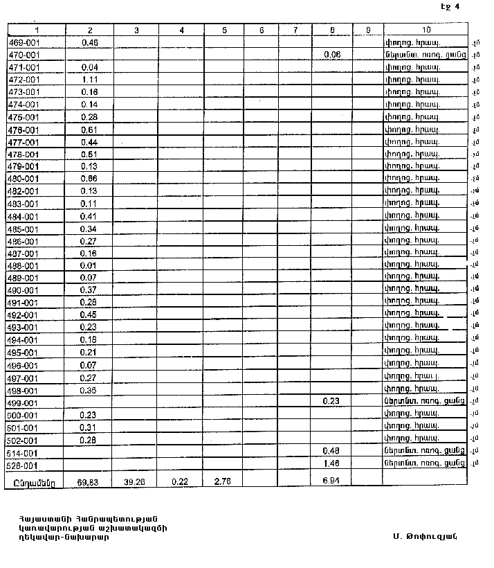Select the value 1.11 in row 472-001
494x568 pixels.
click(89, 80)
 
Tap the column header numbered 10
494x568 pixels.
click(426, 30)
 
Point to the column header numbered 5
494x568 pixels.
click(224, 30)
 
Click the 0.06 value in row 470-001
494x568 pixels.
click(332, 55)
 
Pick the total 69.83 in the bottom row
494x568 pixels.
click(89, 480)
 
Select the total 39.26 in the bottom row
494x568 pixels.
click(136, 480)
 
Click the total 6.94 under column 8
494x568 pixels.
click(332, 480)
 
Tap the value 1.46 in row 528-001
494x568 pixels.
click(332, 464)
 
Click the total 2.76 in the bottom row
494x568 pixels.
click(224, 480)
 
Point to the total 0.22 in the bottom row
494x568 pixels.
click(181, 480)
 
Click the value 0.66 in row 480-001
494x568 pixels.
click(89, 179)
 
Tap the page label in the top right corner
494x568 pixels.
click(450, 6)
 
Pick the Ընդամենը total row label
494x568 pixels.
click(34, 481)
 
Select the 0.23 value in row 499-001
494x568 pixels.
click(332, 402)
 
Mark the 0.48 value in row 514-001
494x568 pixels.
click(332, 452)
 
